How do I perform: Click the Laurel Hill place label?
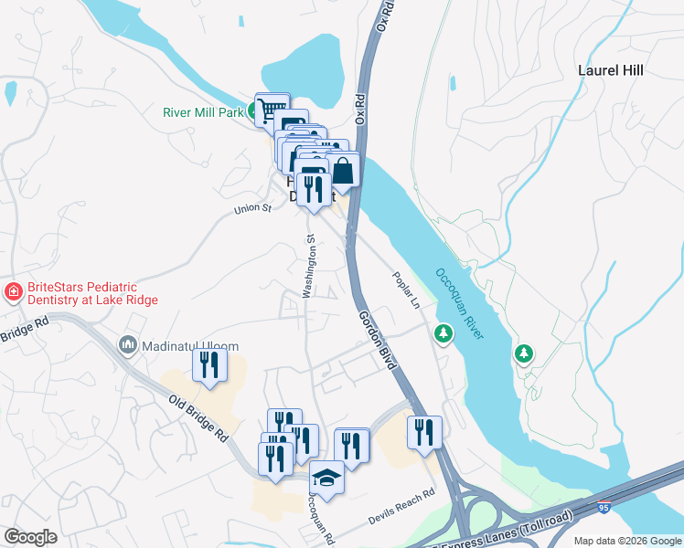tap(611, 70)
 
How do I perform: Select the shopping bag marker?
tap(343, 170)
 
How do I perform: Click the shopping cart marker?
tap(271, 111)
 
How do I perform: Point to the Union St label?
tap(253, 209)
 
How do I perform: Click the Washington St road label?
tap(309, 265)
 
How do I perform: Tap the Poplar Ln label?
tap(405, 290)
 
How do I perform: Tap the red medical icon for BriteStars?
tap(14, 292)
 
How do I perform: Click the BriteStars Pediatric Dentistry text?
tap(91, 293)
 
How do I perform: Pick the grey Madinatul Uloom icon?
tap(127, 346)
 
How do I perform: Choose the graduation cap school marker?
tap(326, 477)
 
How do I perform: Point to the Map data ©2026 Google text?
tap(628, 541)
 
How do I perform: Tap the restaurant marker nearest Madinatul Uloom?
tap(209, 365)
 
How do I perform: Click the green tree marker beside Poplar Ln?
tap(444, 334)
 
